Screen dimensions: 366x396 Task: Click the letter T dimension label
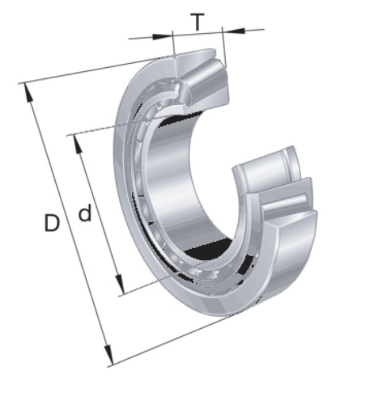coord(198,22)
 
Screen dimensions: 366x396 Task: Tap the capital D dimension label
coord(52,222)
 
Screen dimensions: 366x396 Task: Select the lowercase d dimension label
coord(85,213)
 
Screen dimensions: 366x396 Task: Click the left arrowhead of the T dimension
coord(162,36)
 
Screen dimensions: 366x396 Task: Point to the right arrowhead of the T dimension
coord(233,31)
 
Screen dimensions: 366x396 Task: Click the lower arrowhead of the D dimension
coord(108,355)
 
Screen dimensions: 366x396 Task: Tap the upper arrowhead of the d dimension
coord(78,144)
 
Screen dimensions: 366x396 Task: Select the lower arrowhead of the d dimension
coord(119,284)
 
